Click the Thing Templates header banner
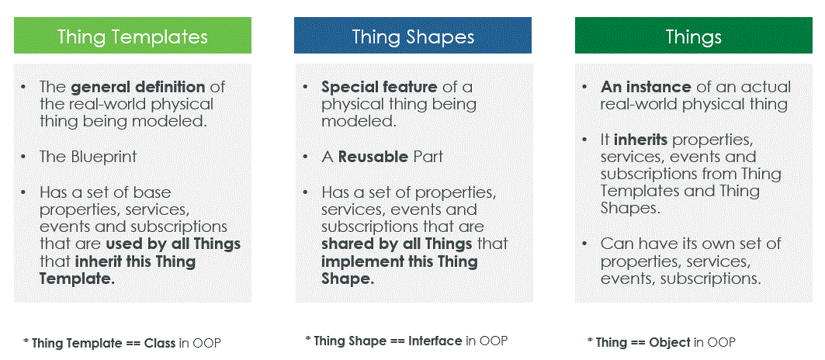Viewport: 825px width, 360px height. (133, 36)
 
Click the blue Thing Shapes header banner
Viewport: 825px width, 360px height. (413, 36)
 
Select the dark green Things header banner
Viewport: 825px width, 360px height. (693, 36)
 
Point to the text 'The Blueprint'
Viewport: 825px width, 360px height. (88, 156)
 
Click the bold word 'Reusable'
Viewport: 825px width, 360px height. (373, 156)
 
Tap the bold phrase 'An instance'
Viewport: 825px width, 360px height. (646, 87)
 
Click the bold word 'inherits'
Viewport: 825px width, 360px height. (641, 140)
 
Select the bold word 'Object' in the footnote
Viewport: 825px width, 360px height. (674, 342)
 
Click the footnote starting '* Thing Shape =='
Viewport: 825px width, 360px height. (407, 341)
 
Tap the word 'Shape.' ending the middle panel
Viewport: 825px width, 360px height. (348, 279)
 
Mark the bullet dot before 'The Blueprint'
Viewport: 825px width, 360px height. (24, 156)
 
